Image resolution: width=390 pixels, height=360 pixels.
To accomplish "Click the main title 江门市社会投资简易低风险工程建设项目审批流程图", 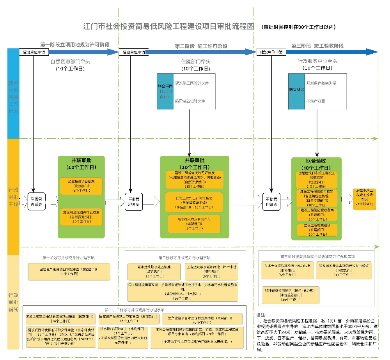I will (168, 26).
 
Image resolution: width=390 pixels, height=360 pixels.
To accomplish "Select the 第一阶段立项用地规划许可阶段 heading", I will (75, 45).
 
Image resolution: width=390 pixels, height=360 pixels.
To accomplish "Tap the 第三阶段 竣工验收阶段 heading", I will (317, 46).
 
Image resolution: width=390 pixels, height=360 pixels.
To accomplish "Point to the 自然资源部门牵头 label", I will (70, 62).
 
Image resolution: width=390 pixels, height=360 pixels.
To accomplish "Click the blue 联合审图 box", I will (165, 91).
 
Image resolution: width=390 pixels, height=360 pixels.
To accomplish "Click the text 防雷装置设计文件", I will (190, 101).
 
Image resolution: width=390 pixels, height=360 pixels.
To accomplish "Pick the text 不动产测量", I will (316, 101).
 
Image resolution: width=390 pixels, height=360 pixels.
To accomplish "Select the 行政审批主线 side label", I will (13, 197).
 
